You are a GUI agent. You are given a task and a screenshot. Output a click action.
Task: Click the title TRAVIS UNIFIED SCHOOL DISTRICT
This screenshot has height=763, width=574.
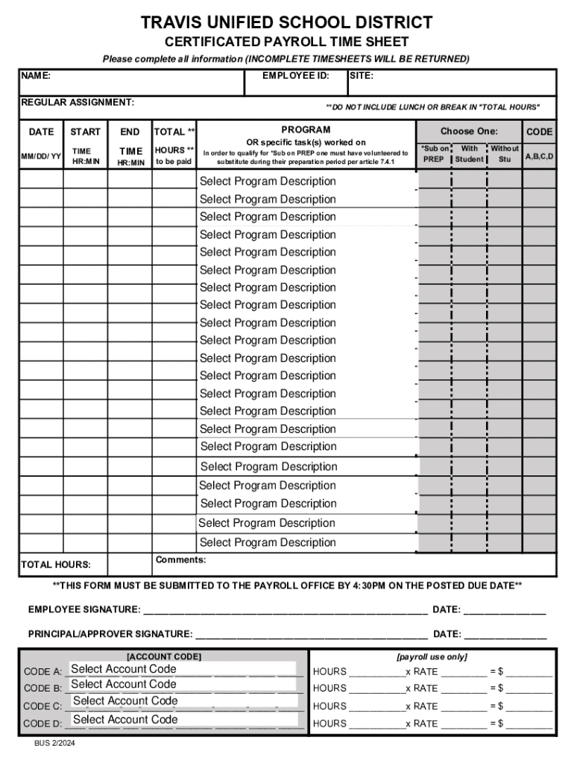(287, 22)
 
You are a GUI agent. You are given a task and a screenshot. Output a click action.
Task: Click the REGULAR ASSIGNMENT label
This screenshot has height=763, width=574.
(78, 101)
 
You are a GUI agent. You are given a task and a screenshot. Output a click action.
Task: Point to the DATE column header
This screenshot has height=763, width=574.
(41, 132)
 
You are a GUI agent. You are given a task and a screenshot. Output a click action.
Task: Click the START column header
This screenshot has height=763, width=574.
(85, 132)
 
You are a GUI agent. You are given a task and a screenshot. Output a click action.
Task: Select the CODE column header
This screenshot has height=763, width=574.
(539, 132)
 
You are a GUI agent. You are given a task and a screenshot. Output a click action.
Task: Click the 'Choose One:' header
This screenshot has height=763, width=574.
(468, 131)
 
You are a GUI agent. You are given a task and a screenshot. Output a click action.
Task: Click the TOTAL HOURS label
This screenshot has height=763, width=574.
(56, 565)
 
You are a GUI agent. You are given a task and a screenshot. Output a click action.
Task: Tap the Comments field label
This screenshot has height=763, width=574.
(180, 560)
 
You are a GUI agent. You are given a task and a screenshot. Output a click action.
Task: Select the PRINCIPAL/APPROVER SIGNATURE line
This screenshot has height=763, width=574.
(311, 635)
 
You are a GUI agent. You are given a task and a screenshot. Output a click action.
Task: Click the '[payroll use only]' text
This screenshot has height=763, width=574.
(432, 656)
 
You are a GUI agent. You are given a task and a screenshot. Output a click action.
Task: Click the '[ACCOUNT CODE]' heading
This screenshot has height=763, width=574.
(163, 656)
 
